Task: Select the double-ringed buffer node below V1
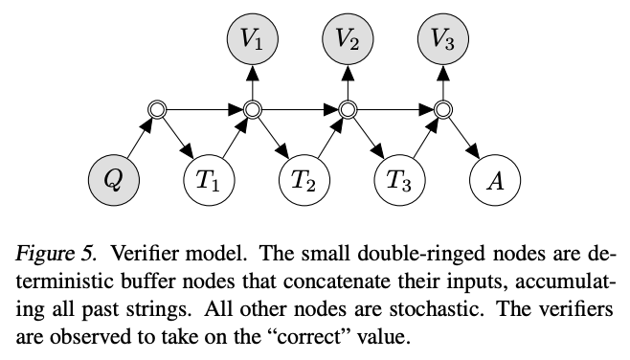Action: [x=253, y=111]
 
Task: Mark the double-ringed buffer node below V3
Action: [x=443, y=111]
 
